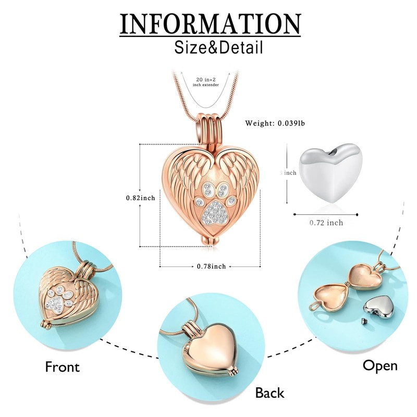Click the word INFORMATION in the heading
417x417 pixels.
pyautogui.click(x=210, y=23)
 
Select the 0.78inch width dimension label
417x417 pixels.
pyautogui.click(x=211, y=266)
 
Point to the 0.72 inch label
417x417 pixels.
pyautogui.click(x=326, y=223)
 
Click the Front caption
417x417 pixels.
pyautogui.click(x=63, y=366)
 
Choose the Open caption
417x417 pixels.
pyautogui.click(x=380, y=365)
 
